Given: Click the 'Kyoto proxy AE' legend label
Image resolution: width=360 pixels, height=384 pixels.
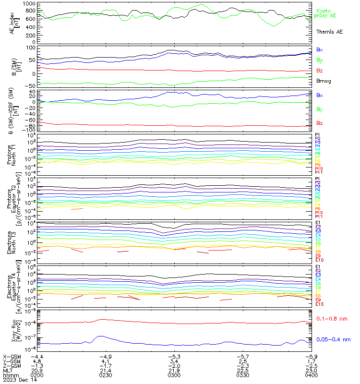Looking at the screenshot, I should (325, 13).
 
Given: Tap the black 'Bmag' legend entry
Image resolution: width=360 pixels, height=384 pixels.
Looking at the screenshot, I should (324, 81).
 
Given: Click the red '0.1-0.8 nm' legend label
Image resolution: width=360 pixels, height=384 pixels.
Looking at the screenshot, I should (332, 318).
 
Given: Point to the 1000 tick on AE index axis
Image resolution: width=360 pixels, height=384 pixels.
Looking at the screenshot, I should (29, 3).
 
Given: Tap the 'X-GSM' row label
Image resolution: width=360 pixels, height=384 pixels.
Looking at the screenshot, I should (12, 357).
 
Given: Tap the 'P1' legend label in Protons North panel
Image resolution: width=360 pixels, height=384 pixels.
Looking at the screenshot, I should (317, 134).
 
